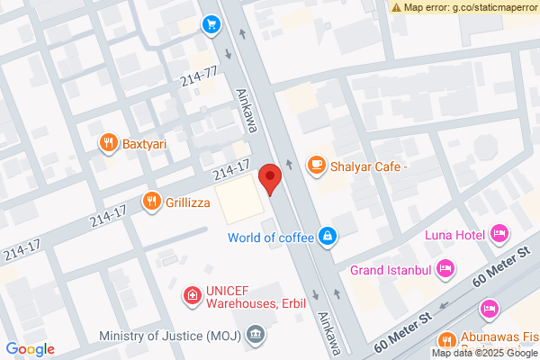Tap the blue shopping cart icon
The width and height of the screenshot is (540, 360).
coord(211,24)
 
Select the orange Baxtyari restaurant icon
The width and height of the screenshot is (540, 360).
coord(108,142)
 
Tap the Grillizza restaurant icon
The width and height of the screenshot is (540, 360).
coord(151,202)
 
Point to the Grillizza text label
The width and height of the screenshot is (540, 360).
coord(188,202)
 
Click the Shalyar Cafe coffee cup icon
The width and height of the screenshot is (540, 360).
coord(316,165)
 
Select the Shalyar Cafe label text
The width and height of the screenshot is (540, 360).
coord(370,166)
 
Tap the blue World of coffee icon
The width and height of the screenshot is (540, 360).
coord(328,237)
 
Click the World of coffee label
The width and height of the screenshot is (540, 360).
coord(270,238)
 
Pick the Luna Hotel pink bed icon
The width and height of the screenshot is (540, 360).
coord(499,235)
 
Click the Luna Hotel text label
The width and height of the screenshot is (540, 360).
coord(455,236)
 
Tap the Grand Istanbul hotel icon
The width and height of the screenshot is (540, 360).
coord(444,268)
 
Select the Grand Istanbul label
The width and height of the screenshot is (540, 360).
coord(389,269)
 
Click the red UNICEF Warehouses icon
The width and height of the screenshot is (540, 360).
coord(192,294)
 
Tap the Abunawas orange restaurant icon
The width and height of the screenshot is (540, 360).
coord(445,341)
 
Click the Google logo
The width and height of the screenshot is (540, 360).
coord(31,348)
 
